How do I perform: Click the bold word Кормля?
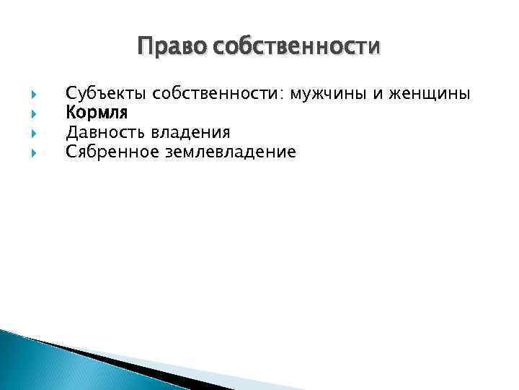coord(97,113)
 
